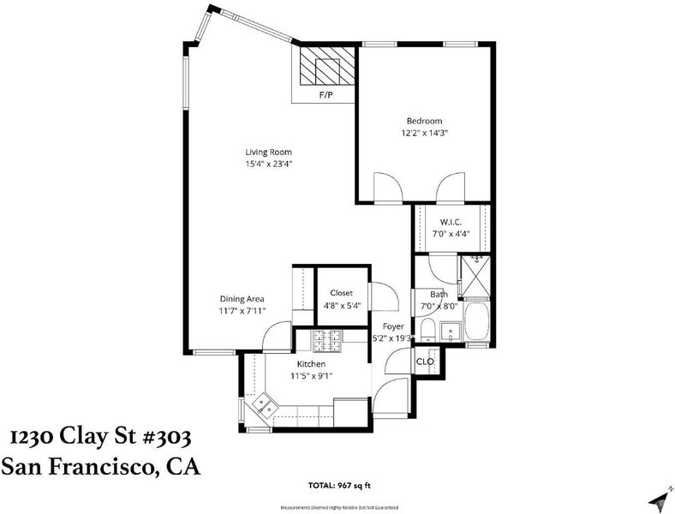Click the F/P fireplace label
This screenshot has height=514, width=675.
point(326,95)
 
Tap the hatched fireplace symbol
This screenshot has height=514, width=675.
point(327,66)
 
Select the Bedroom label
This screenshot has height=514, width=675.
point(425,121)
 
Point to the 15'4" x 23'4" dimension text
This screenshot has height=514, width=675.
point(269,164)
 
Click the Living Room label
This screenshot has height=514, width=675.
point(269,152)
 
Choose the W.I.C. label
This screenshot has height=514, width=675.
point(451,222)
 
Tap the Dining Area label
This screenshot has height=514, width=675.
point(242,299)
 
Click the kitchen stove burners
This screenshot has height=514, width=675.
point(326,341)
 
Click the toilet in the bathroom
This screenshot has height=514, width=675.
point(428,331)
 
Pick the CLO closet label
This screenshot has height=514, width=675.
point(425,362)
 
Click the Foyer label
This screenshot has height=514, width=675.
point(393,326)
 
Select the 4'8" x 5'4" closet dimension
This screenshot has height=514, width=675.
point(343,305)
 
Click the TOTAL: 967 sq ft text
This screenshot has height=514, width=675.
point(339,486)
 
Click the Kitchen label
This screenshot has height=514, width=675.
point(311,364)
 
